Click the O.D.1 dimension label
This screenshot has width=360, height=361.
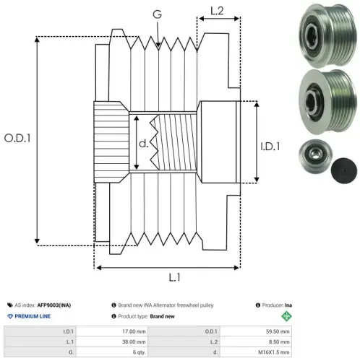coord(17,138)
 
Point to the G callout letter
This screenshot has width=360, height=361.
coord(157,14)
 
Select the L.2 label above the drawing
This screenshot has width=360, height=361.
coord(217,11)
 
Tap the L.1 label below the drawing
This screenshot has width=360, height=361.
coord(174,277)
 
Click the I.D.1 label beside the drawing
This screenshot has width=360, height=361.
coord(270,147)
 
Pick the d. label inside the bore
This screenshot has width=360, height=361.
coord(144,144)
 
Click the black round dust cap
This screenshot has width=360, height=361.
coord(344,170)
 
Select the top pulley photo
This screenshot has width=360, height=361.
coord(327,35)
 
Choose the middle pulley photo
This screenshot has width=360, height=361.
coord(327,102)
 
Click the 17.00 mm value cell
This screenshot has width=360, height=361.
coord(112,331)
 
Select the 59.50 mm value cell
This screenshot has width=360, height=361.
coord(256,331)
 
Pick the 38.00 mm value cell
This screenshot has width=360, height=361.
coord(112,342)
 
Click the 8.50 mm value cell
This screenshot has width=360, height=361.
coord(256,342)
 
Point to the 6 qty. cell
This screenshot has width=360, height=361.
coord(112,352)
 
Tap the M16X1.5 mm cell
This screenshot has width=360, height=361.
coord(256,352)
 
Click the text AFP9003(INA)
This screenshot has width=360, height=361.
coord(54,305)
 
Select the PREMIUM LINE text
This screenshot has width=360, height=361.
coord(33,316)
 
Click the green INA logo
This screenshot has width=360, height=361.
coord(286,316)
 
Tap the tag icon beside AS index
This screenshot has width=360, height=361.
coord(10,305)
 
